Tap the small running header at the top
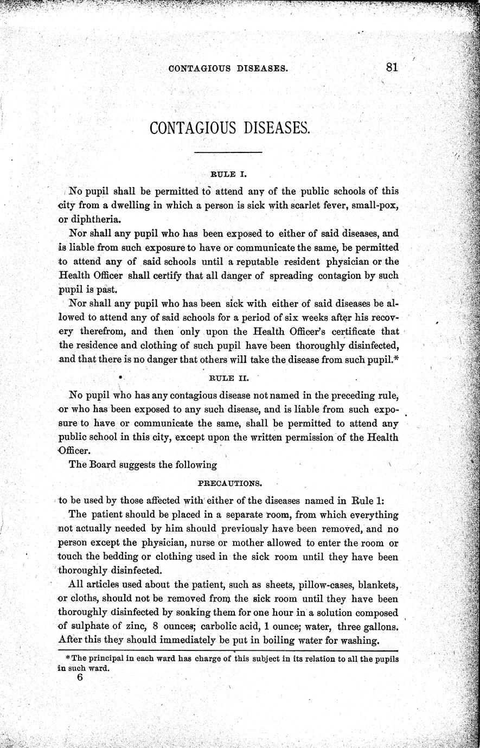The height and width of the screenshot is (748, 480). (x=228, y=69)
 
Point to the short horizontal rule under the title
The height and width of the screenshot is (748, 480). (x=228, y=153)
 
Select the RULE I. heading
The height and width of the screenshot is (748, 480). (x=228, y=175)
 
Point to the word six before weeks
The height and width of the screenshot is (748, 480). (x=334, y=317)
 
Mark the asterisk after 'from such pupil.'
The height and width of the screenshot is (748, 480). (x=396, y=359)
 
